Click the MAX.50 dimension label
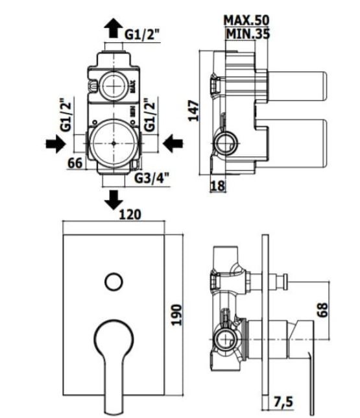tap(246, 20)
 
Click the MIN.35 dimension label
tap(248, 34)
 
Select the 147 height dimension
tap(194, 110)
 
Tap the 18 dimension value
tap(218, 186)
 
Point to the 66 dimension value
tap(75, 163)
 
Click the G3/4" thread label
tap(152, 178)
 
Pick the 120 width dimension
tap(130, 214)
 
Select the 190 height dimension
tap(176, 315)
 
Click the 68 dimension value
tap(322, 310)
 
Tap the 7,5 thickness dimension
tap(283, 402)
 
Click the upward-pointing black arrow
tap(114, 28)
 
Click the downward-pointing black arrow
tap(114, 200)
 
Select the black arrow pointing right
tap(56, 143)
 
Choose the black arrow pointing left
tap(173, 143)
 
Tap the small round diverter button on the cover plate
tap(114, 282)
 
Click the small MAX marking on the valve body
tap(133, 86)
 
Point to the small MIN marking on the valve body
tap(133, 111)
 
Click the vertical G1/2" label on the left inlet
tap(66, 115)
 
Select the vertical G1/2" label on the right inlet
tap(149, 115)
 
